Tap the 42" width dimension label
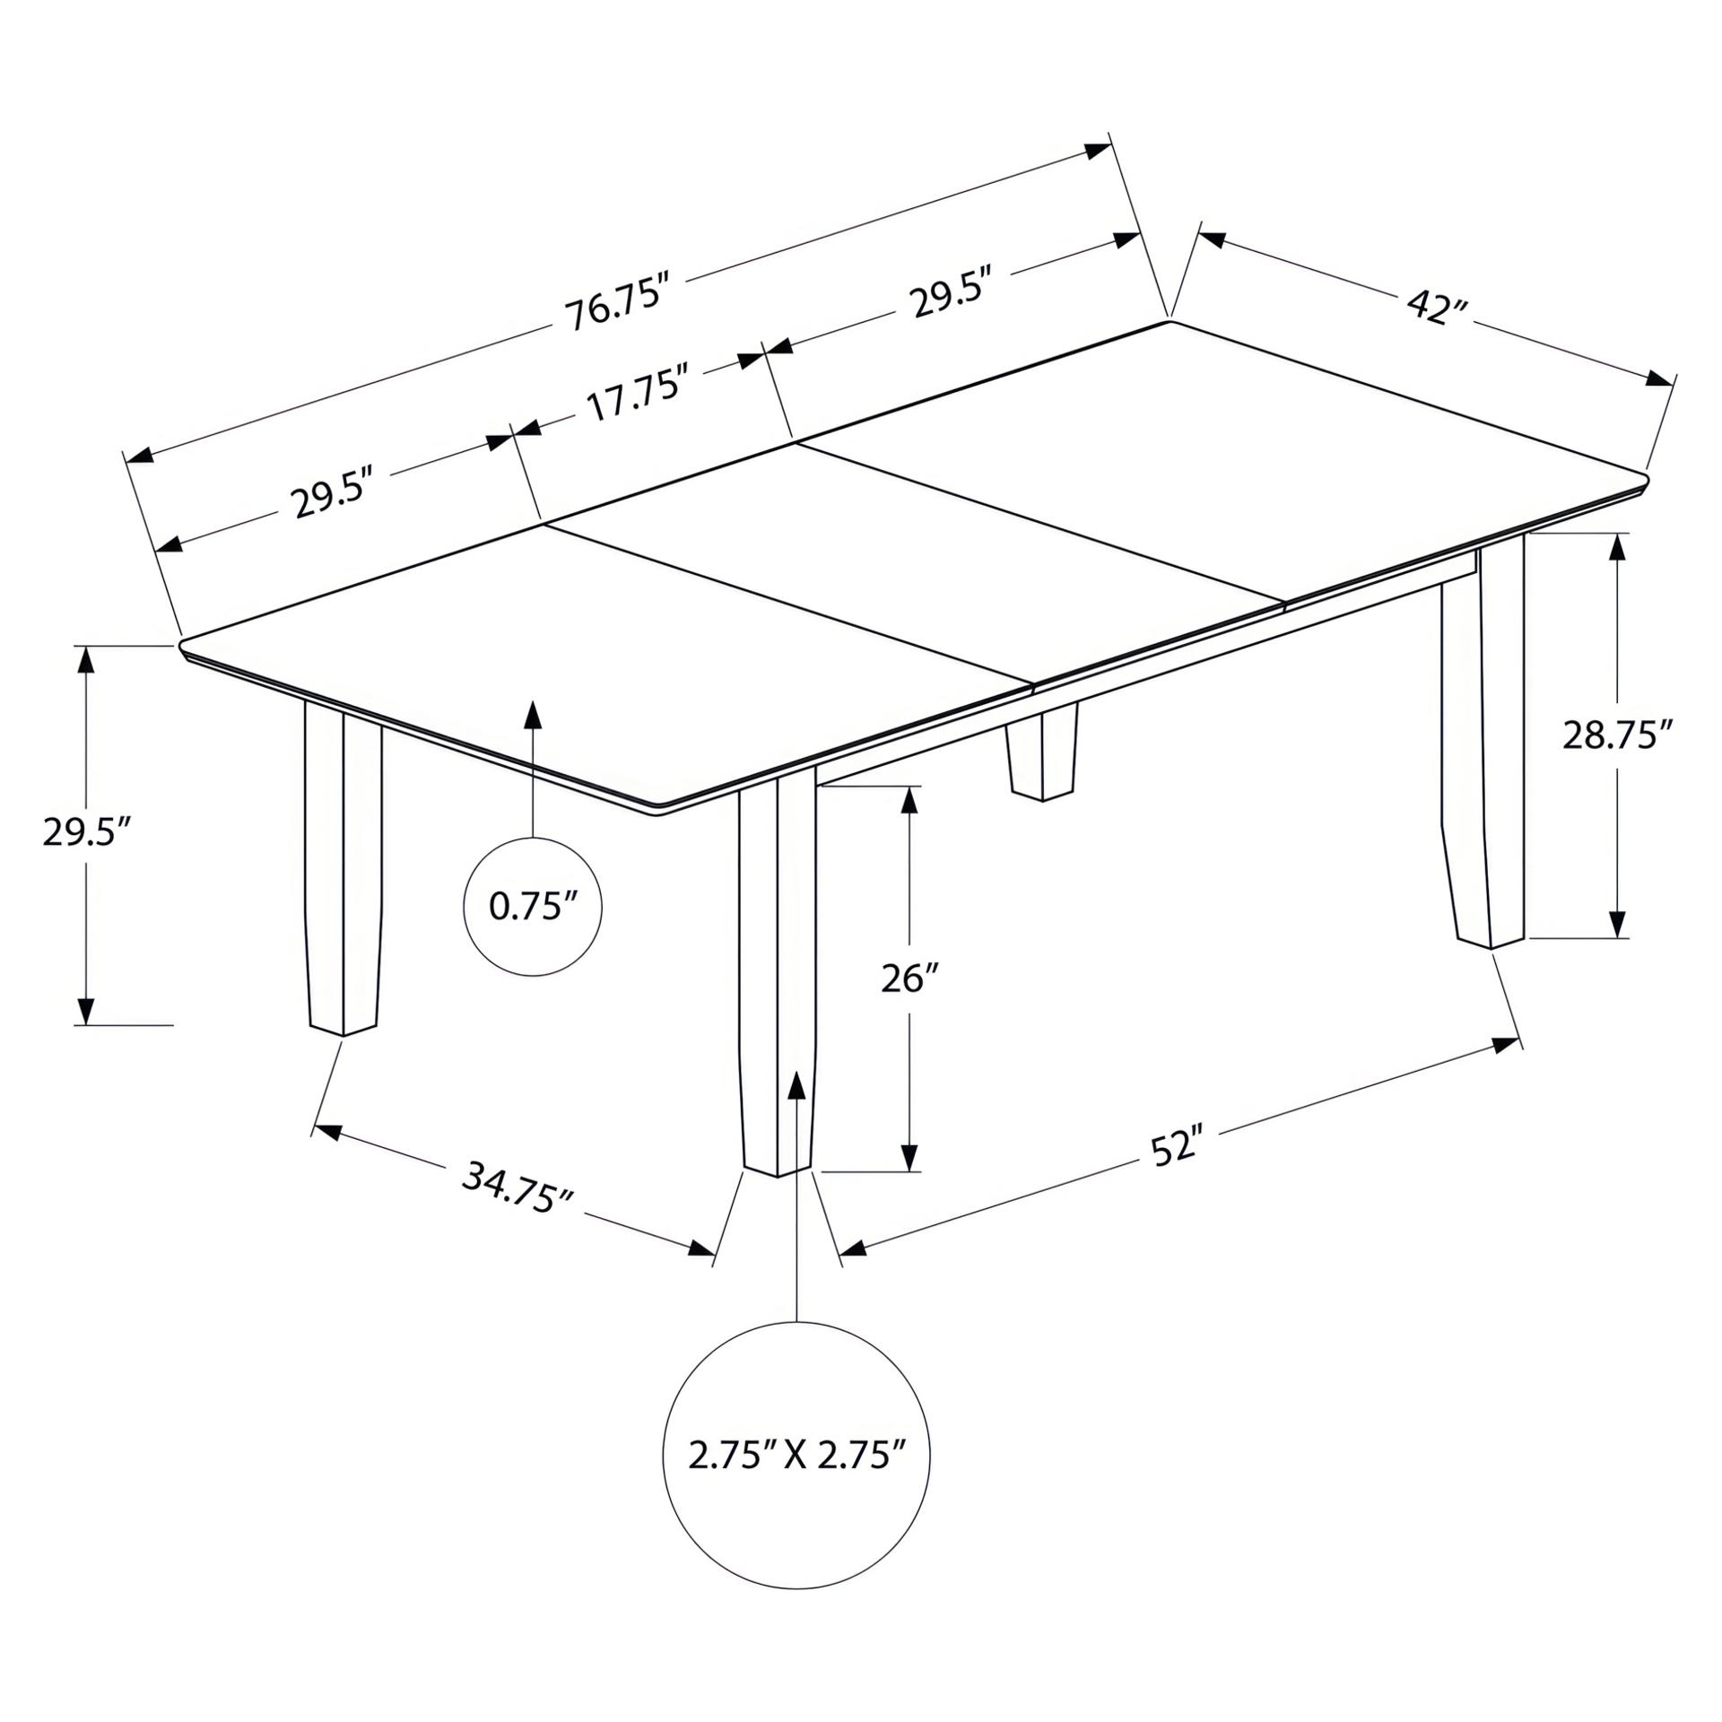(x=1437, y=308)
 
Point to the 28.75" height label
(x=1617, y=735)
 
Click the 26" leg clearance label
(x=909, y=978)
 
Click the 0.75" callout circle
(x=533, y=906)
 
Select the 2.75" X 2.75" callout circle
(x=796, y=1455)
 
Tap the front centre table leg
(x=777, y=969)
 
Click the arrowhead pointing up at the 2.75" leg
(x=796, y=1084)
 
